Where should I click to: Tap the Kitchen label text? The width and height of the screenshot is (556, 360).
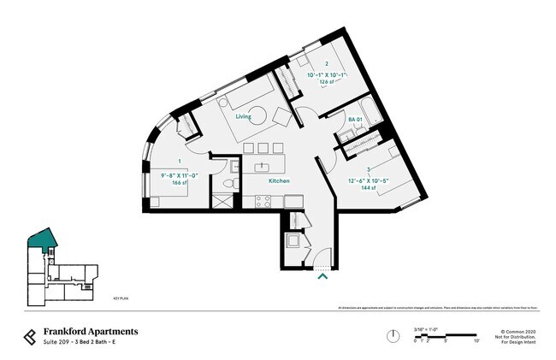tap(279, 181)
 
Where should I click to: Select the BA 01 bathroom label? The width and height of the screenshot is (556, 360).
tap(356, 119)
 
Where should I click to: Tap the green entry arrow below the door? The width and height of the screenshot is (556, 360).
tap(322, 275)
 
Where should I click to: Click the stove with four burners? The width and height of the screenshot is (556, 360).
tap(263, 202)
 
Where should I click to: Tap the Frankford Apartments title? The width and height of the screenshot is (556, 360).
tap(91, 332)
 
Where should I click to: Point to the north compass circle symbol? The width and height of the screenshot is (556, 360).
tap(392, 335)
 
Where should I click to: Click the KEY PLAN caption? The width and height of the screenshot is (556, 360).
tap(121, 301)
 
